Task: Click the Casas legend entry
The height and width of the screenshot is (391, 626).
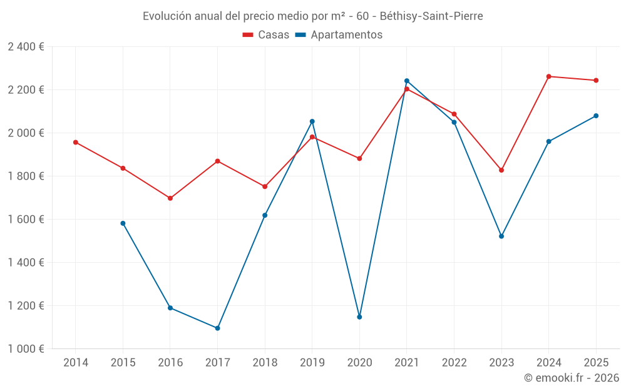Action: point(266,35)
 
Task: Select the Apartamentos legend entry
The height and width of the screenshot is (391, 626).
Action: point(339,35)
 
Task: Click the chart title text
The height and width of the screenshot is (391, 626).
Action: point(312,16)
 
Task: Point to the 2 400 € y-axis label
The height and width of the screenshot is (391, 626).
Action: point(26,47)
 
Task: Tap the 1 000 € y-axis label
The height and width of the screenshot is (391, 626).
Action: point(26,349)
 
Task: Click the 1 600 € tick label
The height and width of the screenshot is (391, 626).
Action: point(26,220)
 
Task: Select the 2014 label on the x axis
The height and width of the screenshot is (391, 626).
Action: point(76,362)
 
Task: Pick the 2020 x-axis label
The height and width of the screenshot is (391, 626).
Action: point(359,362)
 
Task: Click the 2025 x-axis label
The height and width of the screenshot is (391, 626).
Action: point(596,362)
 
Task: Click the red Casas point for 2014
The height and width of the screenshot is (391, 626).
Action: point(76,142)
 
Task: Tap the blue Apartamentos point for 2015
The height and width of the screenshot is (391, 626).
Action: point(123,223)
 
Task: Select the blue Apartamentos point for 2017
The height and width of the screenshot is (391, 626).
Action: point(217,328)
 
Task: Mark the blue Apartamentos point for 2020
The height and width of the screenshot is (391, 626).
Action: point(359,317)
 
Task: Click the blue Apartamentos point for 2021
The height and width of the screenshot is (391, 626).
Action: point(407,81)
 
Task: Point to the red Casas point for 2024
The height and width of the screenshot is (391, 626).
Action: point(549,76)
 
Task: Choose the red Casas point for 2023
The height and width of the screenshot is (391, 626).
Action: point(501,170)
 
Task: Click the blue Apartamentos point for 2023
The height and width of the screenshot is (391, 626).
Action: point(501,236)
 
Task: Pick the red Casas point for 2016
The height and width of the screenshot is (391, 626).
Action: point(170,198)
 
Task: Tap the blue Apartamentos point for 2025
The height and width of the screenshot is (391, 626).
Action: point(596,116)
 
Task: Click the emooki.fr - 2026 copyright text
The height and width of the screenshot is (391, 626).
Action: point(572,378)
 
